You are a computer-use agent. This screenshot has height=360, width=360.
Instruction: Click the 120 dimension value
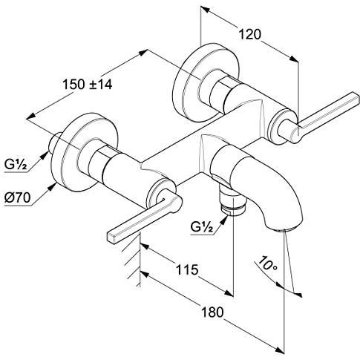pos(249,34)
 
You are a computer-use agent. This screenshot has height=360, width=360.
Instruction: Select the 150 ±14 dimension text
pos(87,85)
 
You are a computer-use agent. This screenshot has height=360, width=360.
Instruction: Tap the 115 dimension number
pos(187,269)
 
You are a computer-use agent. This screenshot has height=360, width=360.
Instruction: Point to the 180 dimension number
pos(212,312)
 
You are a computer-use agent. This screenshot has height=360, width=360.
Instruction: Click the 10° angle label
pos(268,264)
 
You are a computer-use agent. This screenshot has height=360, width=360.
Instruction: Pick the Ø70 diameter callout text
pos(17,197)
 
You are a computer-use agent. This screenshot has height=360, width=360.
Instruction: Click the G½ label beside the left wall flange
pos(16,164)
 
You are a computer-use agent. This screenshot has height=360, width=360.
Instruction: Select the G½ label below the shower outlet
pos(202,226)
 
